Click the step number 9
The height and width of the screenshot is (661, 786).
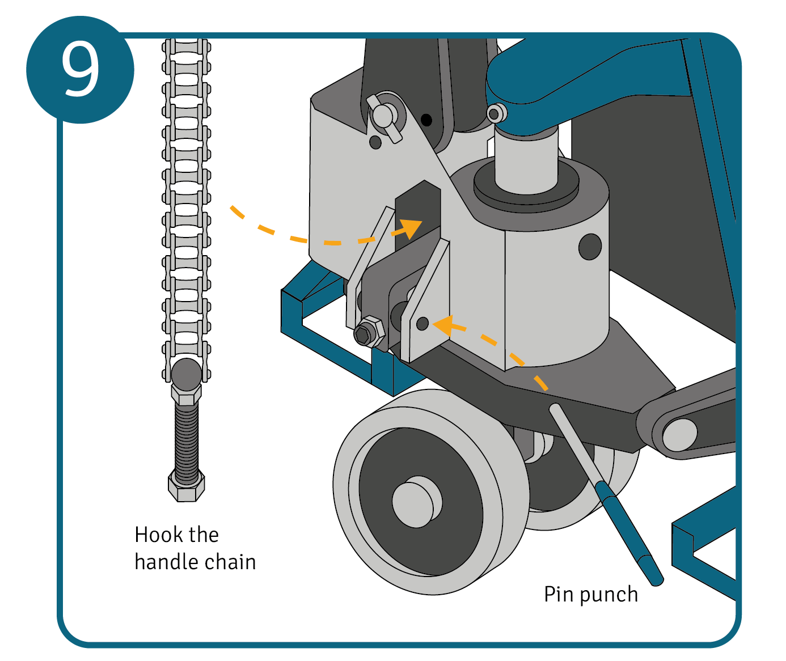tap(80, 70)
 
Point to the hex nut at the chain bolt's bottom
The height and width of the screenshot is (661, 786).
tap(187, 485)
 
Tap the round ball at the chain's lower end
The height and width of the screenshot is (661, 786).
tap(187, 374)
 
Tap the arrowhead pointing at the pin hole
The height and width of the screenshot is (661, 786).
tap(443, 325)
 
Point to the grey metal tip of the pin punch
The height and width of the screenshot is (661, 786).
tap(573, 442)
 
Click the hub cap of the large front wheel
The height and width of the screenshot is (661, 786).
tap(416, 502)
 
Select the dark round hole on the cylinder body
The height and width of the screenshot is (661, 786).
tap(590, 247)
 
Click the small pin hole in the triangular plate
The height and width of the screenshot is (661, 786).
tap(422, 324)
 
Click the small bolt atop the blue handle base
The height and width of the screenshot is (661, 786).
tap(495, 114)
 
